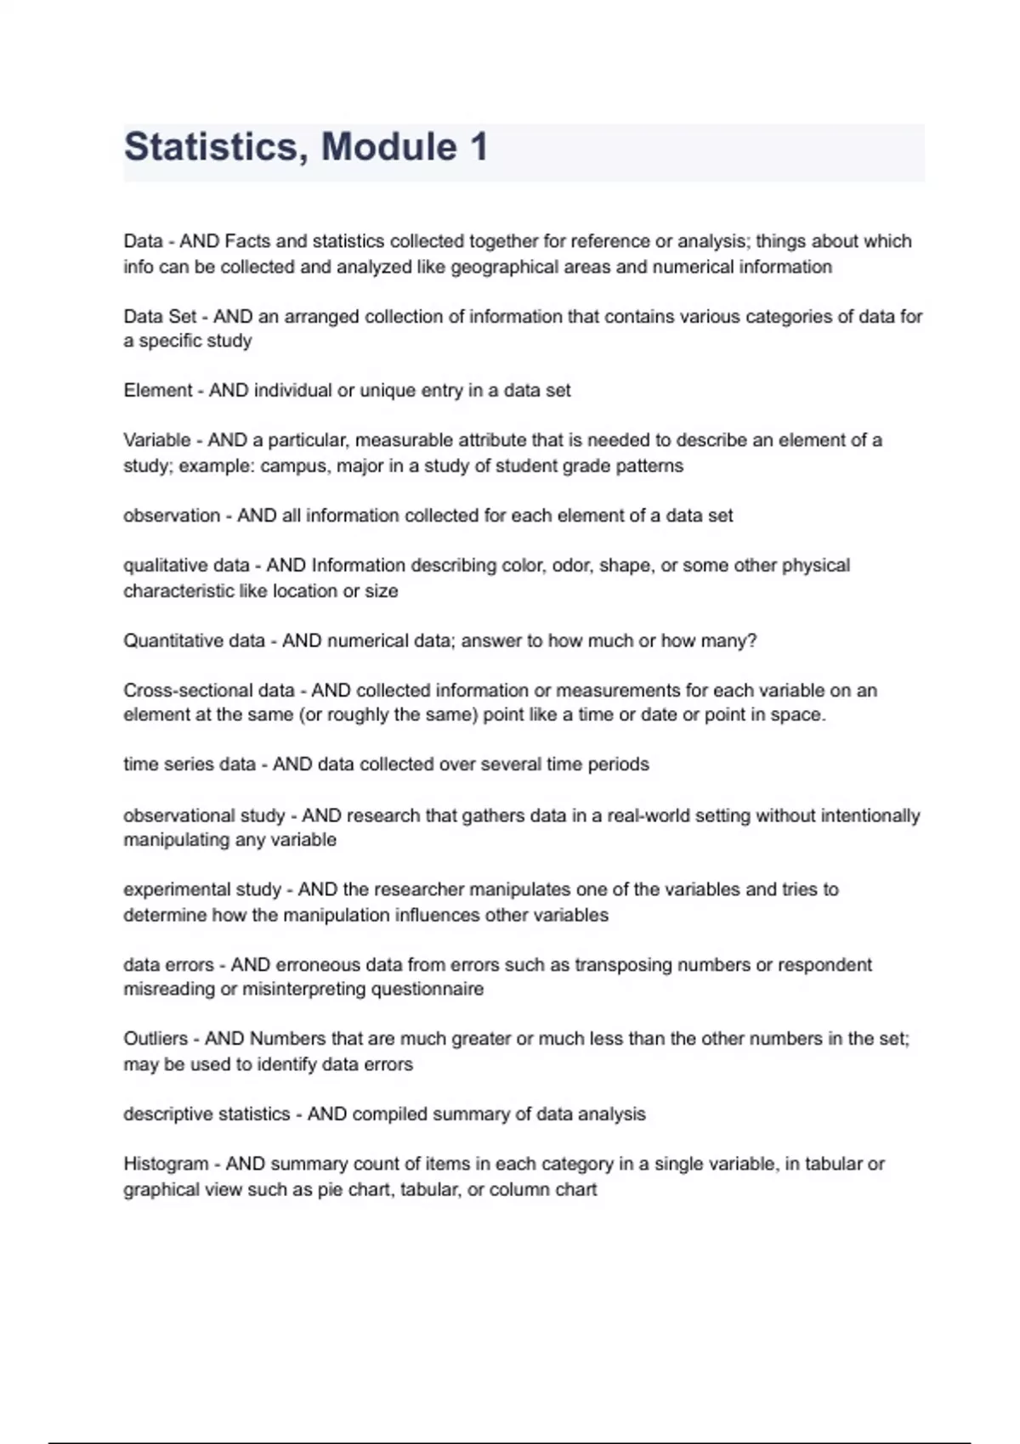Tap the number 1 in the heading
(x=478, y=147)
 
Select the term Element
(x=158, y=391)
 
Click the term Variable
(x=157, y=440)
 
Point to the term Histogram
(x=166, y=1164)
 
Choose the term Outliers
(x=156, y=1039)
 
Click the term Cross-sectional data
(x=209, y=691)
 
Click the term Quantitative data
(x=194, y=640)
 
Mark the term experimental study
(x=202, y=889)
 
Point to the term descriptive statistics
(x=207, y=1114)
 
